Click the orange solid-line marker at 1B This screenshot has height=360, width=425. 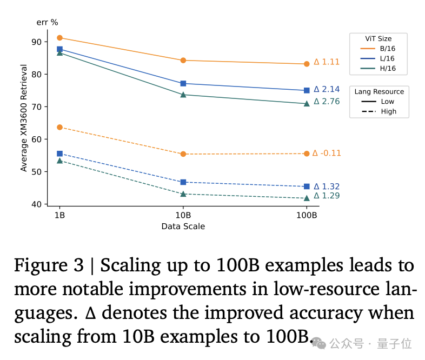click(59, 38)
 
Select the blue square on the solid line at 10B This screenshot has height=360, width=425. click(183, 83)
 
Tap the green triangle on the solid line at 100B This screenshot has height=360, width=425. click(307, 103)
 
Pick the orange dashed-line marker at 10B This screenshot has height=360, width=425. click(183, 154)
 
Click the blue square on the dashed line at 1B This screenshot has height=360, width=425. click(59, 154)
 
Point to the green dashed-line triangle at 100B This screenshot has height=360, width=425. click(307, 198)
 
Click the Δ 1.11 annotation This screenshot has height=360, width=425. click(327, 62)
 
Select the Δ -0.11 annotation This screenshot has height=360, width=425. click(327, 153)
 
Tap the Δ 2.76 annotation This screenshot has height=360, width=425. click(327, 101)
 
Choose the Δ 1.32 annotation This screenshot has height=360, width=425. click(327, 186)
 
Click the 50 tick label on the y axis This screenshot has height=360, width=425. click(36, 172)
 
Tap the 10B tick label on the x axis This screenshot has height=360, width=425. click(183, 215)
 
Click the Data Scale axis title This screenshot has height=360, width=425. click(183, 226)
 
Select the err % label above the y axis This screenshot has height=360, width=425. click(47, 22)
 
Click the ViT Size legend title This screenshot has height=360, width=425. click(378, 38)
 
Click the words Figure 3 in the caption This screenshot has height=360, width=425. click(49, 265)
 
